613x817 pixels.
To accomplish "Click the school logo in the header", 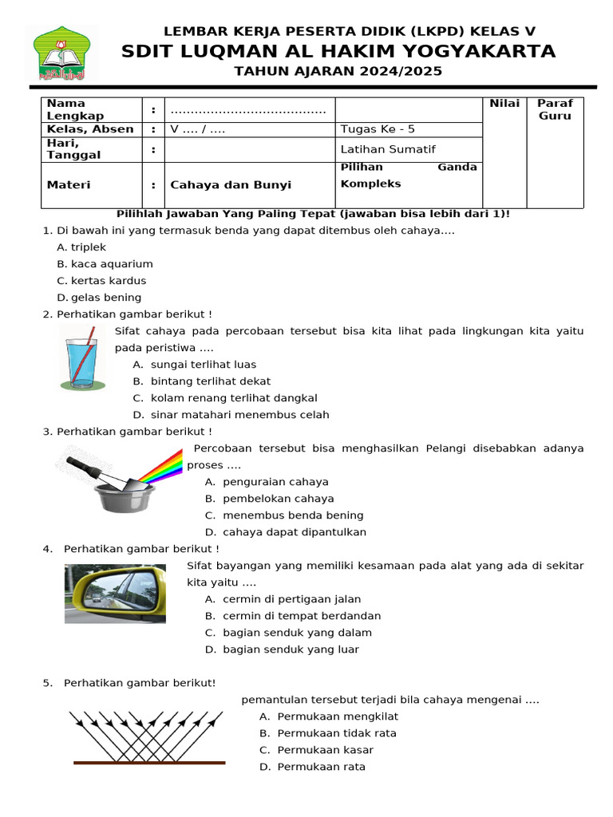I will pyautogui.click(x=61, y=53).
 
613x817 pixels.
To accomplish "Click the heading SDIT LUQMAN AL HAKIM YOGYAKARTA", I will pyautogui.click(x=338, y=52).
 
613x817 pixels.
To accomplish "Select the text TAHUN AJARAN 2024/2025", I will pyautogui.click(x=338, y=73).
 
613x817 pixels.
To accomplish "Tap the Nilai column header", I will pyautogui.click(x=504, y=104).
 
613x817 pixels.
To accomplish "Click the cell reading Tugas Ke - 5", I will pyautogui.click(x=378, y=129).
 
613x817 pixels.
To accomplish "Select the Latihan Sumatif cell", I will pyautogui.click(x=388, y=149).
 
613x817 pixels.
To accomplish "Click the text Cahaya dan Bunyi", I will pyautogui.click(x=231, y=184).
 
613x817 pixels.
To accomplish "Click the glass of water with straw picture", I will pyautogui.click(x=80, y=357).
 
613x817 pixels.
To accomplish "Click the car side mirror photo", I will pyautogui.click(x=115, y=593).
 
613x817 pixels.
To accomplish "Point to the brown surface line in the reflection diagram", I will pyautogui.click(x=149, y=763).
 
